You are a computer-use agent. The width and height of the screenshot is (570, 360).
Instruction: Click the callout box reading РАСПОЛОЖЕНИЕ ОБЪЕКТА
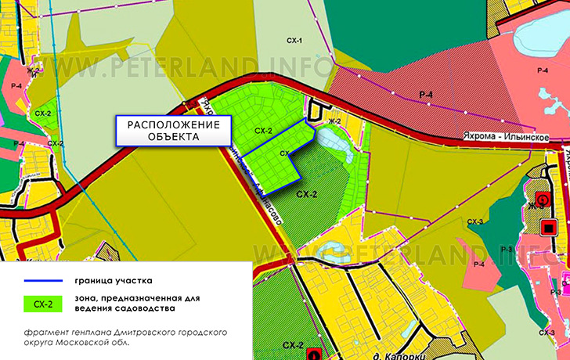pyautogui.click(x=174, y=130)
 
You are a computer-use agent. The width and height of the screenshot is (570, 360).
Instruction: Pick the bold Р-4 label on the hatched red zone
pyautogui.click(x=426, y=95)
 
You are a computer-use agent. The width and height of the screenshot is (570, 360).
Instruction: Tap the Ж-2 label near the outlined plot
pyautogui.click(x=335, y=121)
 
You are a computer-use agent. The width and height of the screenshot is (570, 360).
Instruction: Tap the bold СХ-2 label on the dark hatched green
pyautogui.click(x=307, y=193)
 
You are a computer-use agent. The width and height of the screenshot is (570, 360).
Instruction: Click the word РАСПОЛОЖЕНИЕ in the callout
pyautogui.click(x=174, y=124)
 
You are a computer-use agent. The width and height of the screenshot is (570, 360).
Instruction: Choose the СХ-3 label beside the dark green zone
pyautogui.click(x=475, y=223)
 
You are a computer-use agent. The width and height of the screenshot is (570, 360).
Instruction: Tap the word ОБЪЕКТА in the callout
pyautogui.click(x=174, y=137)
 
